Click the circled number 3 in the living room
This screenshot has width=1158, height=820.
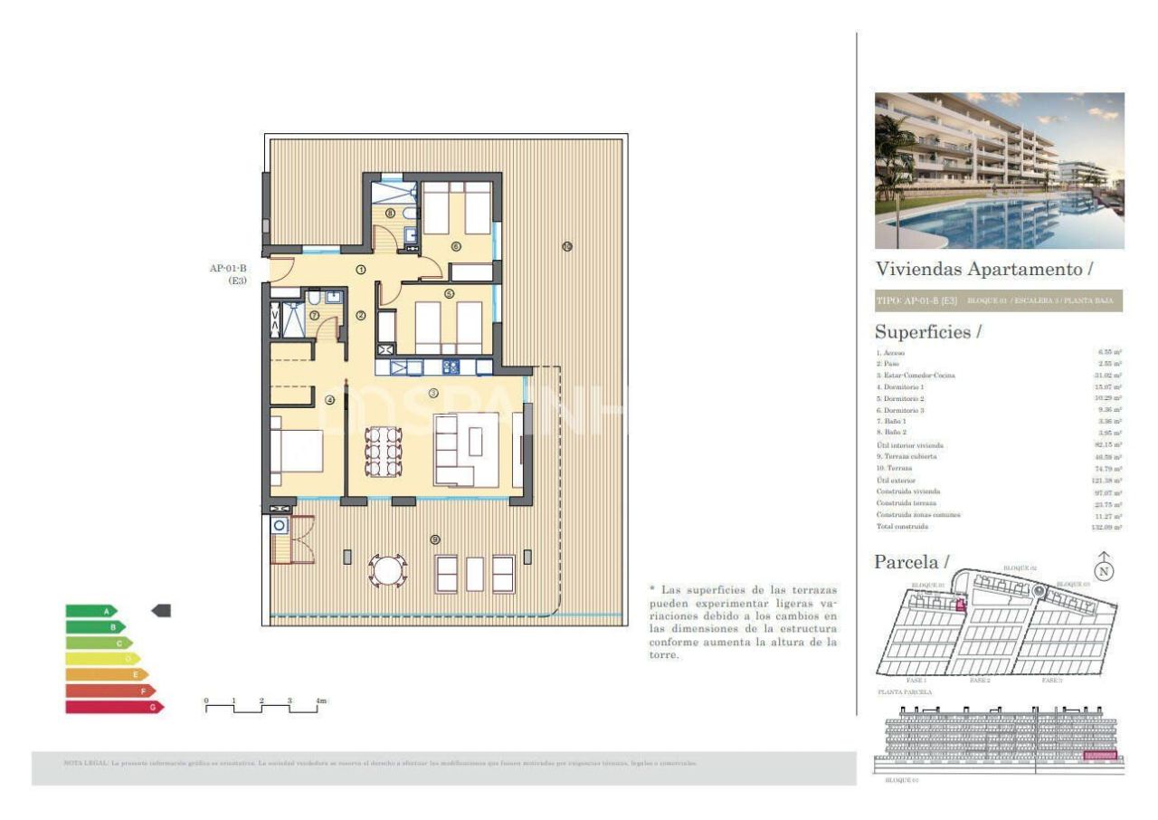tap(433, 393)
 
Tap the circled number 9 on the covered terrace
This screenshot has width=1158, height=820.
tap(435, 539)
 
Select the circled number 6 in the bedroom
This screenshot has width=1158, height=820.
tap(456, 246)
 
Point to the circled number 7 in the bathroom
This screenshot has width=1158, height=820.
tap(314, 316)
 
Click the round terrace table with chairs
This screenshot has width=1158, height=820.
tap(387, 571)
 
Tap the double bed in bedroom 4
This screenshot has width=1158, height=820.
tap(297, 452)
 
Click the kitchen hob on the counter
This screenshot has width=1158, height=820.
tap(451, 367)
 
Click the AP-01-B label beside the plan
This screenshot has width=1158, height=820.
tap(228, 269)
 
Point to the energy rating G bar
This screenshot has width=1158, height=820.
tap(113, 707)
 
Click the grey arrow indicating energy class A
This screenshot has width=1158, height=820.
tap(161, 611)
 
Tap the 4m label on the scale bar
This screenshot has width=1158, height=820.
tap(320, 701)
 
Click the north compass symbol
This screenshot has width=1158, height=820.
tap(1104, 569)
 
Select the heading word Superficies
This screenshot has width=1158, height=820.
tap(922, 332)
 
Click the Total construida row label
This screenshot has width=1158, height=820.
tap(902, 527)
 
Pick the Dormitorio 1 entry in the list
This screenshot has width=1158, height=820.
tap(899, 387)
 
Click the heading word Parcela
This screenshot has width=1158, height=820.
tap(906, 562)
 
